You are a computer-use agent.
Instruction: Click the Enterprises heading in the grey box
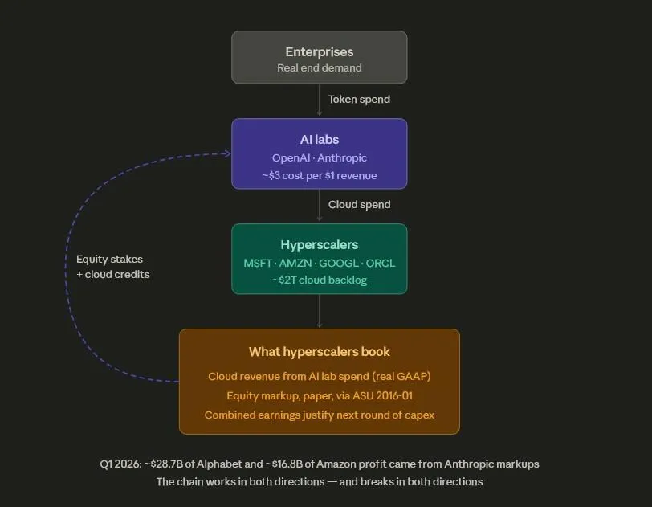[x=320, y=52]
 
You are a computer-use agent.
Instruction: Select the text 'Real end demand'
[x=320, y=67]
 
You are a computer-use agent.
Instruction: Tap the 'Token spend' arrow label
[x=359, y=100]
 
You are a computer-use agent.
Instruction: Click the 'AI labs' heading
[x=320, y=140]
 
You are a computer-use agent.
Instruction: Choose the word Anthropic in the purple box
[x=342, y=158]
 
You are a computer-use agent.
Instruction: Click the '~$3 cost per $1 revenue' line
[x=320, y=176]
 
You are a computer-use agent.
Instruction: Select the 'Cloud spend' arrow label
[x=359, y=205]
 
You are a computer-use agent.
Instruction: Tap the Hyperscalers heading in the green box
[x=320, y=245]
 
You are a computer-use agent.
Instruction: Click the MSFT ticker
[x=258, y=264]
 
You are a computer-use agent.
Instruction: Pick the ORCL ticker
[x=381, y=264]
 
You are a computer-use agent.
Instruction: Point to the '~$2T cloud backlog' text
[x=320, y=280]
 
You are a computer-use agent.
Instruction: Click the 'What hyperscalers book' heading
[x=320, y=352]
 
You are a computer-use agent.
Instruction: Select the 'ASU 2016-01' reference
[x=382, y=396]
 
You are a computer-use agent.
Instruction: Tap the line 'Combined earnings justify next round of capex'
[x=320, y=415]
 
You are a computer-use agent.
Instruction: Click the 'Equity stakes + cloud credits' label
[x=112, y=267]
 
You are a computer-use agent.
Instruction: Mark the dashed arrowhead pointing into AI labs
[x=227, y=153]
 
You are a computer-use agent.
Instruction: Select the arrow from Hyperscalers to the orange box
[x=320, y=311]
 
